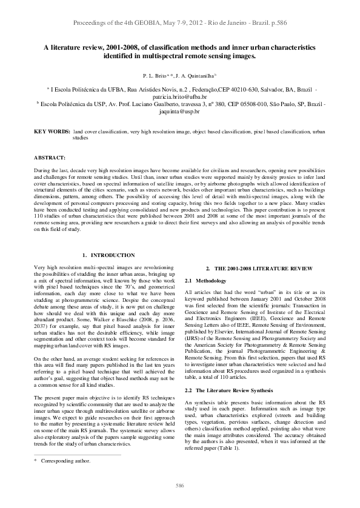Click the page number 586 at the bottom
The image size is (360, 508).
180,486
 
